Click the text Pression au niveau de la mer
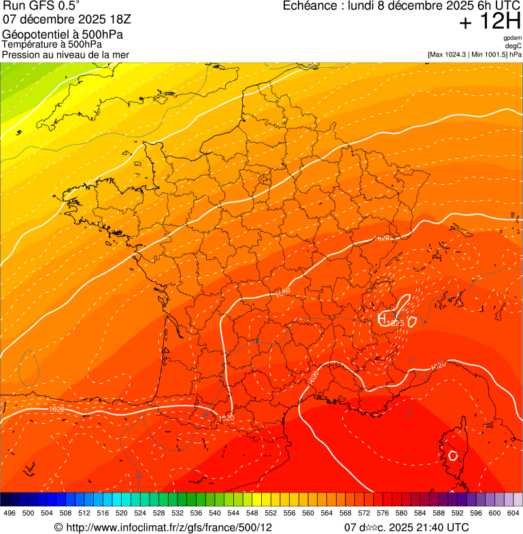pos(65,54)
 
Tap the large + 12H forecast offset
pos(490,22)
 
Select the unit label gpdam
pos(512,38)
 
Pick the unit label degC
pos(513,46)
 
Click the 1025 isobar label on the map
pos(396,323)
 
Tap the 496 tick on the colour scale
pos(10,513)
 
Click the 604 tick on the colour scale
pos(513,513)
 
